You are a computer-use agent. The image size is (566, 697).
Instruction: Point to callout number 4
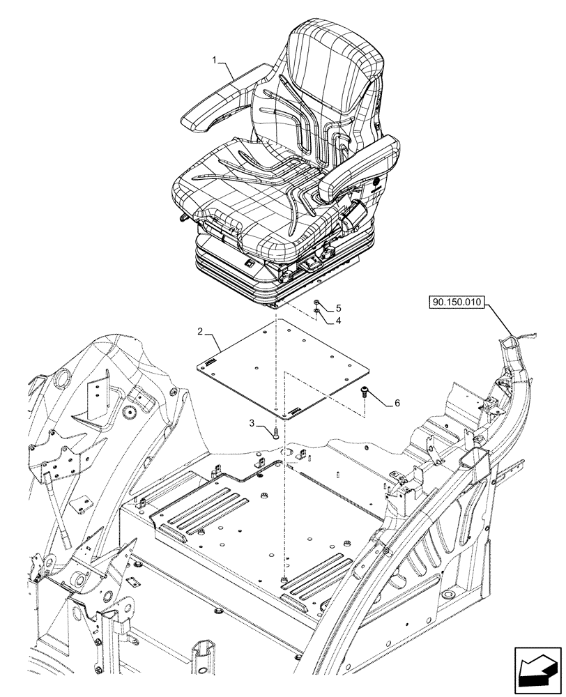[x=339, y=321]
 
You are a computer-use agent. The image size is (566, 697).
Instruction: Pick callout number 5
[x=339, y=307]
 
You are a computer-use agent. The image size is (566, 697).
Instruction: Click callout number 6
[x=397, y=403]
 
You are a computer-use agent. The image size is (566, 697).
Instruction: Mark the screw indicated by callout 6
[x=365, y=395]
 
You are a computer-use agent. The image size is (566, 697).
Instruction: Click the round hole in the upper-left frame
[x=62, y=379]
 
